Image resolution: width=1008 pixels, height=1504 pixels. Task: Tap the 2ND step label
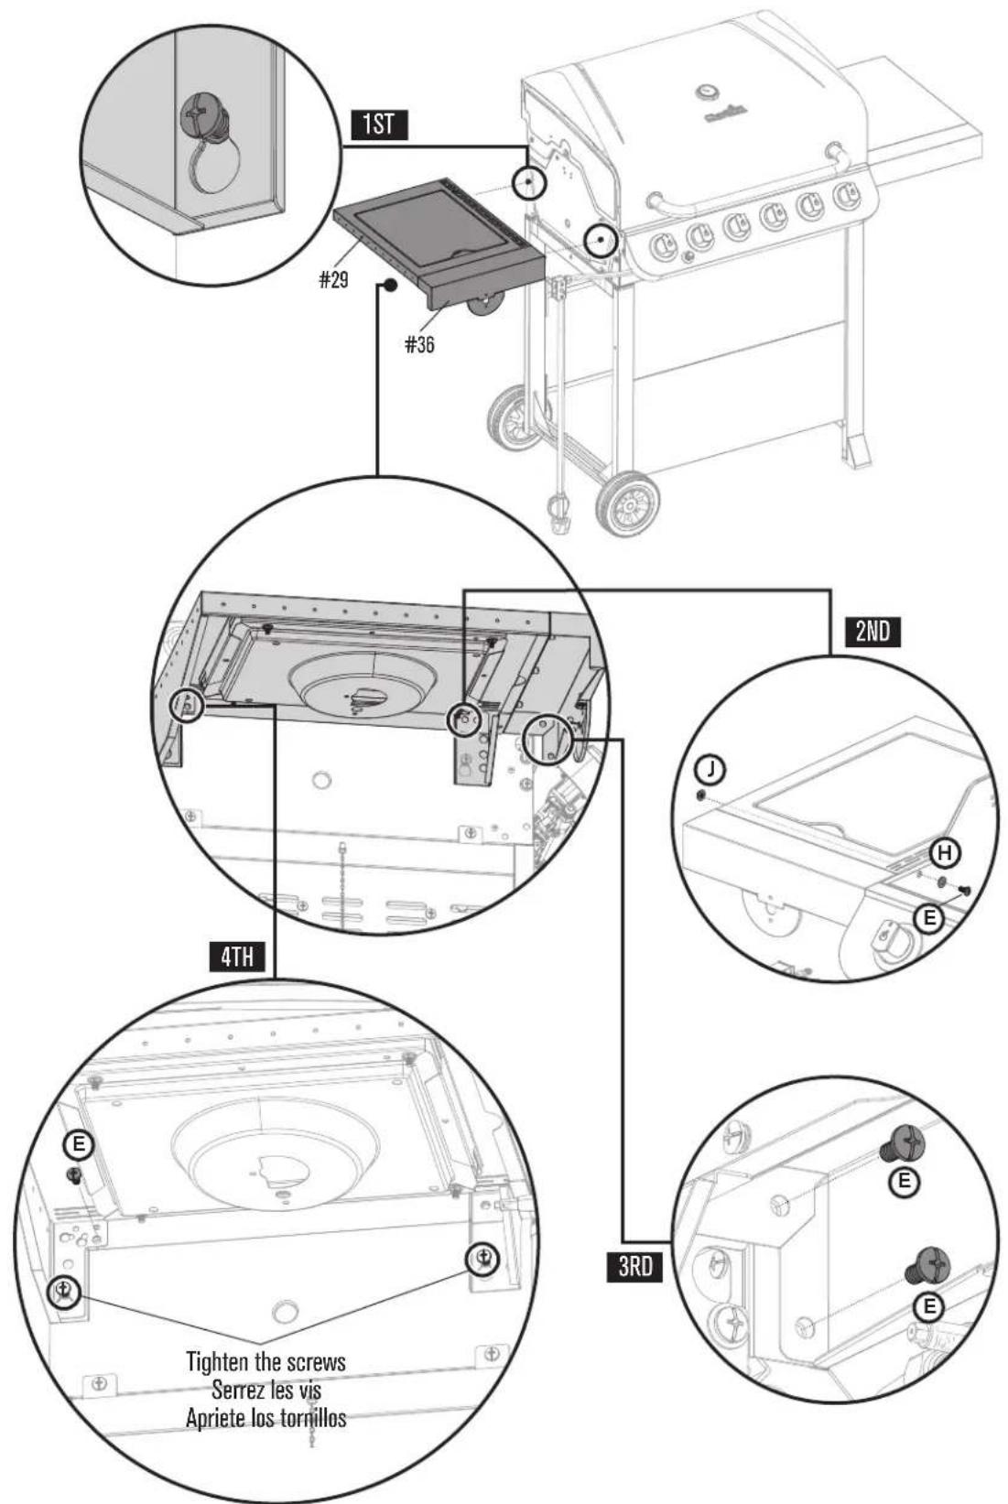(873, 632)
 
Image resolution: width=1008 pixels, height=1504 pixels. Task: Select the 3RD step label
(633, 1266)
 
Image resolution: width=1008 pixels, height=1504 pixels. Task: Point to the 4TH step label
(237, 958)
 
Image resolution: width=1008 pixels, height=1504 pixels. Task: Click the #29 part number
(334, 280)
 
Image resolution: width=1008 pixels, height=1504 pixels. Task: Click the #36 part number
(420, 344)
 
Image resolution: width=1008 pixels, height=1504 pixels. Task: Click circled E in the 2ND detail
(929, 917)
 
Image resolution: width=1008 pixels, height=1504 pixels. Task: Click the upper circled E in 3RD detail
(905, 1182)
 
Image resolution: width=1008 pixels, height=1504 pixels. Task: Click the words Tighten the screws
(266, 1361)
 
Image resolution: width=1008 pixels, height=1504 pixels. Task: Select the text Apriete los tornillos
(266, 1418)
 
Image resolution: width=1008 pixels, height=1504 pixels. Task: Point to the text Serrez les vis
(266, 1390)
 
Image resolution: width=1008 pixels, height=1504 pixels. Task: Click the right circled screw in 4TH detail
(482, 1259)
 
